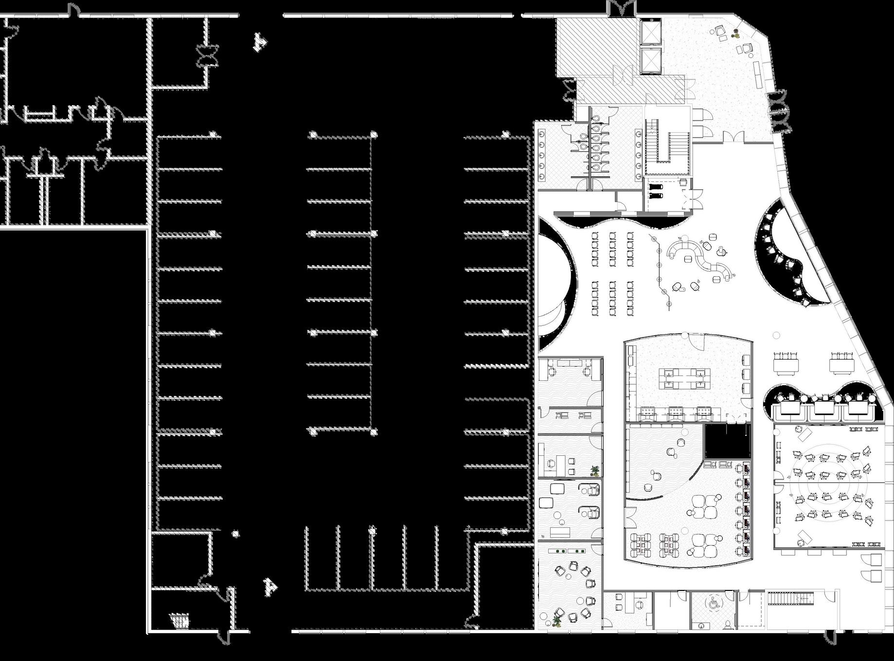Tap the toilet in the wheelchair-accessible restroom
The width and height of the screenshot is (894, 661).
728,623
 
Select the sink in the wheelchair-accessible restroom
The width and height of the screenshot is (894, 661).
701,625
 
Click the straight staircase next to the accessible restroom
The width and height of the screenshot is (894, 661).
790,599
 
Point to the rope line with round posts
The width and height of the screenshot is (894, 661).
662,268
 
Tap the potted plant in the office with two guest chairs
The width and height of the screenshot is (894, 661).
594,470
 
